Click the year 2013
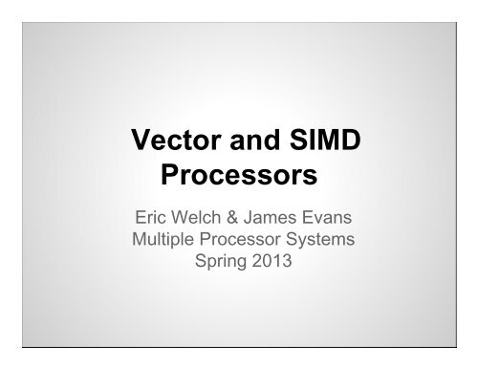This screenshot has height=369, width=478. point(272,263)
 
